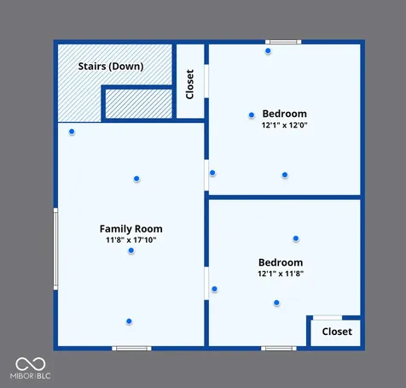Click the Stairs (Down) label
coord(111,67)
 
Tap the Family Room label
coord(131,229)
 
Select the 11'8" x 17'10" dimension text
coord(131,240)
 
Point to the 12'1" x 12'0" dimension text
coord(285,125)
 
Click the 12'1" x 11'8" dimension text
coord(281,273)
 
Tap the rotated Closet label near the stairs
coord(189,85)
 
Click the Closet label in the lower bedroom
coord(337,332)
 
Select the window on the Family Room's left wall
coord(55,249)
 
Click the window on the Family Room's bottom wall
coord(131,349)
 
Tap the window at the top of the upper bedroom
coord(283,42)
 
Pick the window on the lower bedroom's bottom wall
coord(279,349)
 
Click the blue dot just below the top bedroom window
coord(268,51)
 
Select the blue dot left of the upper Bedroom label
coord(252,115)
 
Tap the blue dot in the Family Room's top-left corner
coord(72,132)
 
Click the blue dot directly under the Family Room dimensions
coord(131,250)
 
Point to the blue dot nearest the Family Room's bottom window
coord(129,321)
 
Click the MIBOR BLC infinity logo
coord(31,364)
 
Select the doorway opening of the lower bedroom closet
coord(328,318)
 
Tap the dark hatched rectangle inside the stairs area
coord(139,103)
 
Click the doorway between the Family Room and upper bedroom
coord(206,175)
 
